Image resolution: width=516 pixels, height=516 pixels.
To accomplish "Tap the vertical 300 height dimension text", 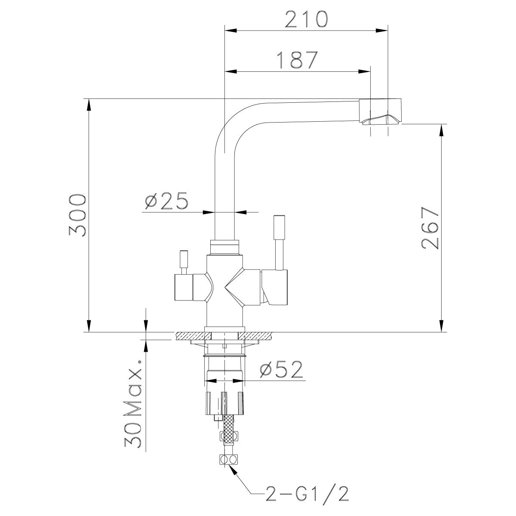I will pyautogui.click(x=78, y=215).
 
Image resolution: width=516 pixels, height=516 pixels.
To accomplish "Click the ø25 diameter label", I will pyautogui.click(x=166, y=201).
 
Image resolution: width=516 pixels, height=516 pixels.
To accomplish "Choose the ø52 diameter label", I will pyautogui.click(x=282, y=370).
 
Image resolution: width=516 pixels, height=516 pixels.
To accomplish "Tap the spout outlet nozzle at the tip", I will pyautogui.click(x=381, y=112).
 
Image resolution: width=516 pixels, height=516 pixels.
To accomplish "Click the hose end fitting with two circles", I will pyautogui.click(x=228, y=460).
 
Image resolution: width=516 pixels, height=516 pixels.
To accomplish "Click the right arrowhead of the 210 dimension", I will pyautogui.click(x=382, y=30).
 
